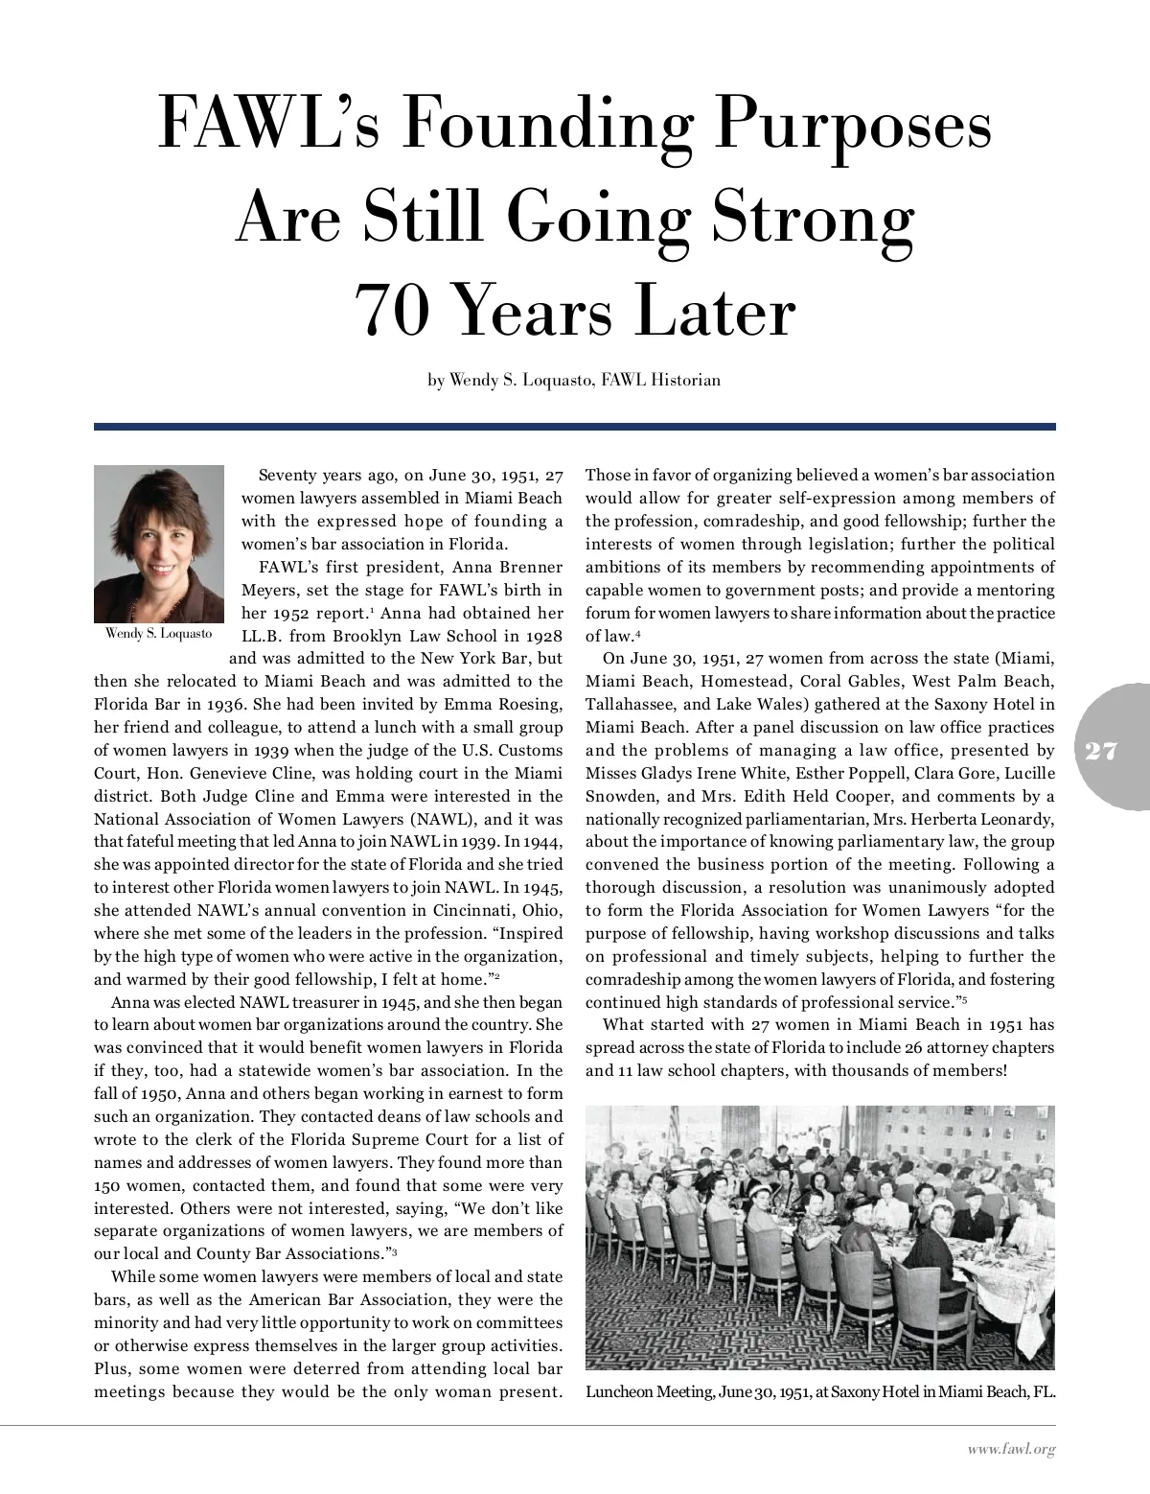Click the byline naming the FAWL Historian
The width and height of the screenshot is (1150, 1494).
[573, 381]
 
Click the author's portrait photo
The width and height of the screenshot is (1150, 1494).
[153, 544]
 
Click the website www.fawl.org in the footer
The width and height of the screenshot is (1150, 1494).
[1010, 1450]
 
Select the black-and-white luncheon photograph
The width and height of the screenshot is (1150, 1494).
[819, 1237]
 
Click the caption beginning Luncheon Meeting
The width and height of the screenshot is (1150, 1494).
[819, 1392]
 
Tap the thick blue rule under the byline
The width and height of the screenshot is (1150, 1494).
[575, 427]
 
